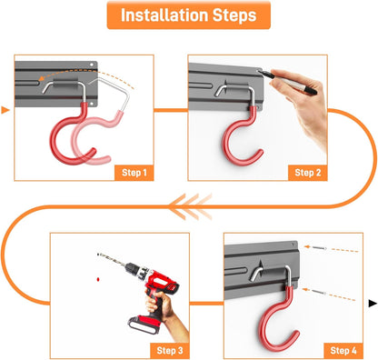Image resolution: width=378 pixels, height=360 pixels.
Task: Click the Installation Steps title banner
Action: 188,15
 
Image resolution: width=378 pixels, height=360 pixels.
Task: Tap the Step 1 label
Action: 134,173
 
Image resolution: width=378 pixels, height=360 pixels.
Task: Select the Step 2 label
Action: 308,173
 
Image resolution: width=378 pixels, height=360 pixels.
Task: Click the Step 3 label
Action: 170,351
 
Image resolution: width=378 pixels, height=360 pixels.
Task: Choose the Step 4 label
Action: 343,351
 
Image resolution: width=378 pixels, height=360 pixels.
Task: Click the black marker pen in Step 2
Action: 286,81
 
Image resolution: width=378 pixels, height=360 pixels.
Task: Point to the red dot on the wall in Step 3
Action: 98,279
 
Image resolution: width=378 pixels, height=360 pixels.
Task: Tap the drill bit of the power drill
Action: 111,260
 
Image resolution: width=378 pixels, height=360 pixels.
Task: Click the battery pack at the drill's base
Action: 144,325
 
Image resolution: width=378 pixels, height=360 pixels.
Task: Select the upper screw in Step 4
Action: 315,247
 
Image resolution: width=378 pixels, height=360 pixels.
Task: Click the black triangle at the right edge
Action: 373,303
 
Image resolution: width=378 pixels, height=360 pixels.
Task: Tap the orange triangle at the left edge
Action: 5,110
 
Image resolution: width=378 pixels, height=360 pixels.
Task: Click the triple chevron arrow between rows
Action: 190,206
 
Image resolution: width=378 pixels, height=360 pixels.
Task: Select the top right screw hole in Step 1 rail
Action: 92,65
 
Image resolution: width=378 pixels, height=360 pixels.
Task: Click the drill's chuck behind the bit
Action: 133,268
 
